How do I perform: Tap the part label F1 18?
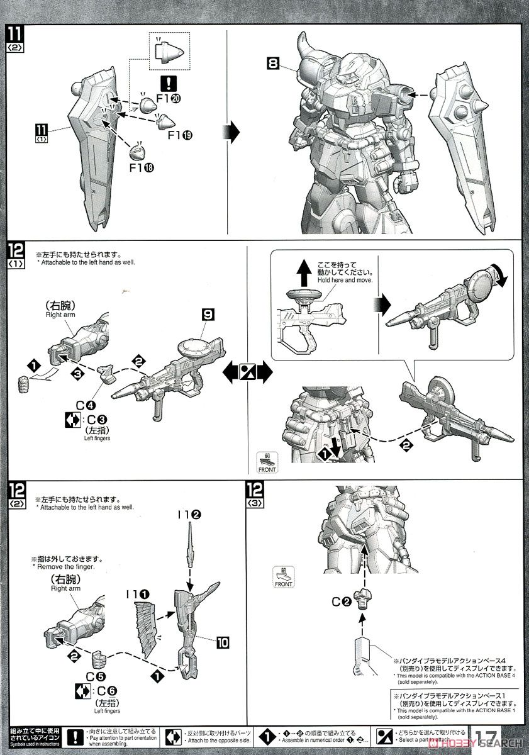142,167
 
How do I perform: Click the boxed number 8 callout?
272,64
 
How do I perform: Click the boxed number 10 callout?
222,642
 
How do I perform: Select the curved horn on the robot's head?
309,46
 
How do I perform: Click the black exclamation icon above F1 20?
169,82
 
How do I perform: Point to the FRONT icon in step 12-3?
284,576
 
